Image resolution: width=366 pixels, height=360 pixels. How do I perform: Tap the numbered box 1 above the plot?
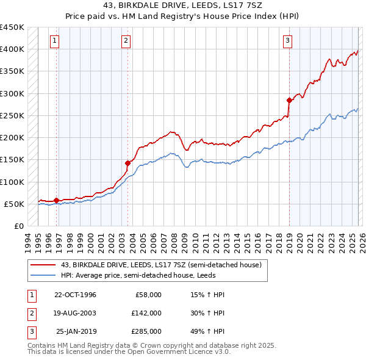pyautogui.click(x=55, y=41)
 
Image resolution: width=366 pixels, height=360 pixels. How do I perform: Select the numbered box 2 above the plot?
pyautogui.click(x=126, y=41)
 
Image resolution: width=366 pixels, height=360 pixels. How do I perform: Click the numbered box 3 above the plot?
pyautogui.click(x=287, y=41)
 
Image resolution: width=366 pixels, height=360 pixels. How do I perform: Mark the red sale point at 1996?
pyautogui.click(x=57, y=200)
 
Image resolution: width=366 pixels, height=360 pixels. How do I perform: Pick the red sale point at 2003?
pyautogui.click(x=127, y=163)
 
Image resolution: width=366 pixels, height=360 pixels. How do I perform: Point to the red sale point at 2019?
pyautogui.click(x=289, y=100)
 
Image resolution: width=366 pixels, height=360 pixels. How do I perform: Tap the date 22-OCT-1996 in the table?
pyautogui.click(x=75, y=295)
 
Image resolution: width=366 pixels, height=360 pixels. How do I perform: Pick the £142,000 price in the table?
pyautogui.click(x=146, y=313)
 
